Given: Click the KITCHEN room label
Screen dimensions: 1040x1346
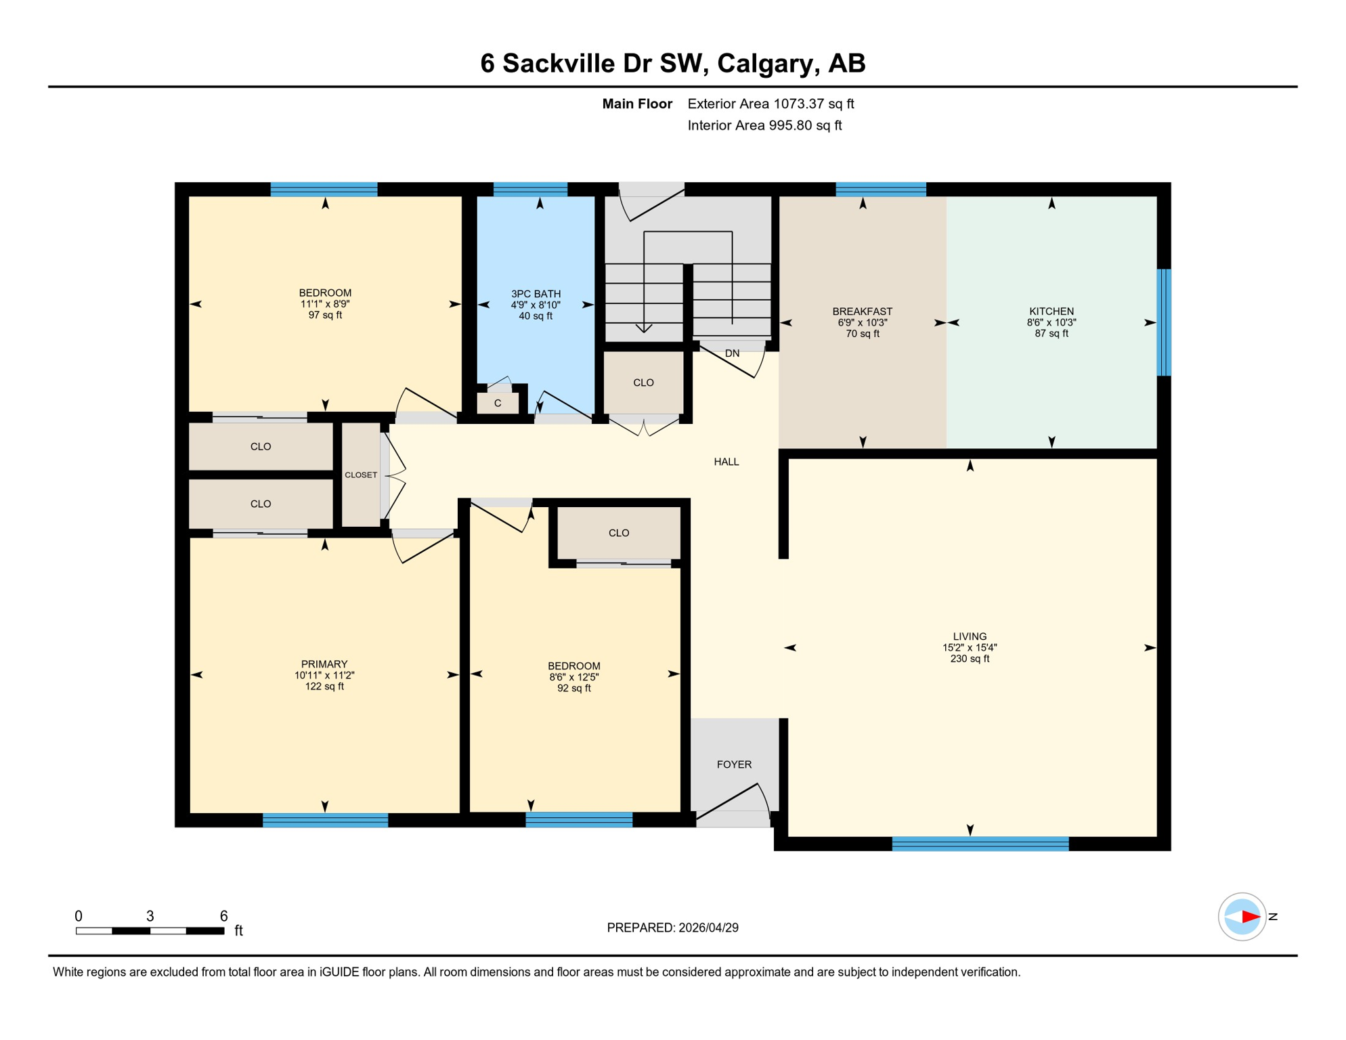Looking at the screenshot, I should [x=1051, y=311].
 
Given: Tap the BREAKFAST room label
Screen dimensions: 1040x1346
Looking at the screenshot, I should [x=862, y=311].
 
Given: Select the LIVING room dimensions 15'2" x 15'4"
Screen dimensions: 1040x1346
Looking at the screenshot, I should [x=970, y=648].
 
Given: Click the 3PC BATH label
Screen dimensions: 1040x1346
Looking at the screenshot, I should [x=536, y=294].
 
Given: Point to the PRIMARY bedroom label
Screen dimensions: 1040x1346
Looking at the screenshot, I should [x=324, y=664].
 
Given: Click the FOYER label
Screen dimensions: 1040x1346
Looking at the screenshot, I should [x=734, y=764].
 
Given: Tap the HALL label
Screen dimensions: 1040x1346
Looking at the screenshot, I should [x=726, y=462].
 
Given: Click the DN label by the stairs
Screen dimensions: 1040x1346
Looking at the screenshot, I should [x=732, y=353].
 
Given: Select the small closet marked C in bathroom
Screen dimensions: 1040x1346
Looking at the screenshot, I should [x=498, y=404].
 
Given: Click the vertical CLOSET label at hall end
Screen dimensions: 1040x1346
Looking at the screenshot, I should [x=361, y=475].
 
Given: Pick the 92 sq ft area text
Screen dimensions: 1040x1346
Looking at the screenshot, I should [x=574, y=689].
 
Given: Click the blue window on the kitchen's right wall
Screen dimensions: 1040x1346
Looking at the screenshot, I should [x=1163, y=322].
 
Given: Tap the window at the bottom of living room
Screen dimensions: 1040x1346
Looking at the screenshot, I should [x=980, y=844].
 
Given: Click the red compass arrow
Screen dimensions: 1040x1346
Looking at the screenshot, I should [x=1250, y=917].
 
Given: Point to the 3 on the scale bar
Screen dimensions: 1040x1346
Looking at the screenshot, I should [x=150, y=916].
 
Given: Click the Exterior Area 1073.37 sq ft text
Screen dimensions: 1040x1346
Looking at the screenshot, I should [x=770, y=104].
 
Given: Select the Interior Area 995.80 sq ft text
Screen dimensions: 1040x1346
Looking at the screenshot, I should [x=764, y=125].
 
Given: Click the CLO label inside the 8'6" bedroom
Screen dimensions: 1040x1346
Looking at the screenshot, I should [x=618, y=534].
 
